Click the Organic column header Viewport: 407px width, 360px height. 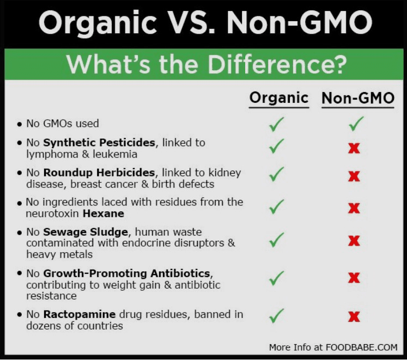[x=278, y=98]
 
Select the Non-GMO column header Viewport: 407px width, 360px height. [x=357, y=99]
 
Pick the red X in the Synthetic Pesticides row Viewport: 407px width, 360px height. [x=354, y=148]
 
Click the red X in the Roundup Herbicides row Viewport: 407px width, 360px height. [x=354, y=177]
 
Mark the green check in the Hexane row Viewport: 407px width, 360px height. [x=277, y=207]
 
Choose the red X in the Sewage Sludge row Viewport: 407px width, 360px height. [x=354, y=240]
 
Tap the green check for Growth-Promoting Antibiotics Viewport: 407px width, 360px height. [x=277, y=278]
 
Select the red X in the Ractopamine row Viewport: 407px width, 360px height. [x=354, y=316]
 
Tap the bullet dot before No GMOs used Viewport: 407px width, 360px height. [x=20, y=125]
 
